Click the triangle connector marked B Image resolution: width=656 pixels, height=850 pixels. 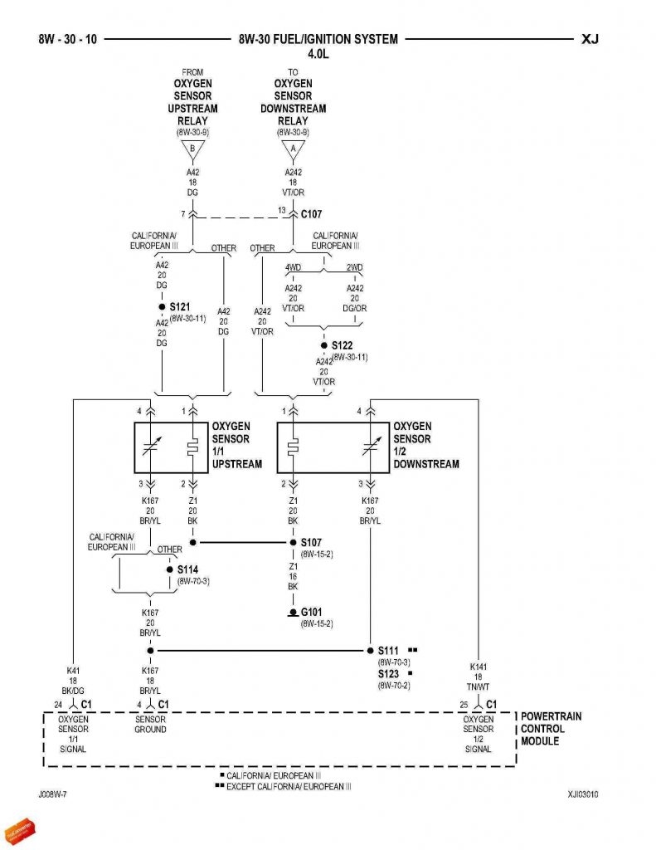coord(192,150)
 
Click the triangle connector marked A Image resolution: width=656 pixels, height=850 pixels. coord(293,150)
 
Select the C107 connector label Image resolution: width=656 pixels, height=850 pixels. coord(312,213)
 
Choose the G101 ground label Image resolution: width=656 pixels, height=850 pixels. coord(312,613)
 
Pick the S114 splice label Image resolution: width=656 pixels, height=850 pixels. coord(188,570)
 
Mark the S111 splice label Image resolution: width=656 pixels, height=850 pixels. coord(389,651)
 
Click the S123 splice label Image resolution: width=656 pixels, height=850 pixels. coord(389,674)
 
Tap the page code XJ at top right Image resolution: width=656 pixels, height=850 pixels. coord(590,39)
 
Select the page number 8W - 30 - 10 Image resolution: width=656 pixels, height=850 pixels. coord(67,39)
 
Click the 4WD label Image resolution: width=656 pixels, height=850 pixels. coord(294,268)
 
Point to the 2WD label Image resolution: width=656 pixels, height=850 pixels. coord(354,268)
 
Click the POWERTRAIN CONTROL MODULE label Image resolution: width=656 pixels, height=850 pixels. coord(551,728)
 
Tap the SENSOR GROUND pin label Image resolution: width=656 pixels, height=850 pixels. coord(150,724)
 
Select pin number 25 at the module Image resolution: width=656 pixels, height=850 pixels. coord(464,705)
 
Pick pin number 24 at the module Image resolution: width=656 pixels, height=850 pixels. coord(58,705)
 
